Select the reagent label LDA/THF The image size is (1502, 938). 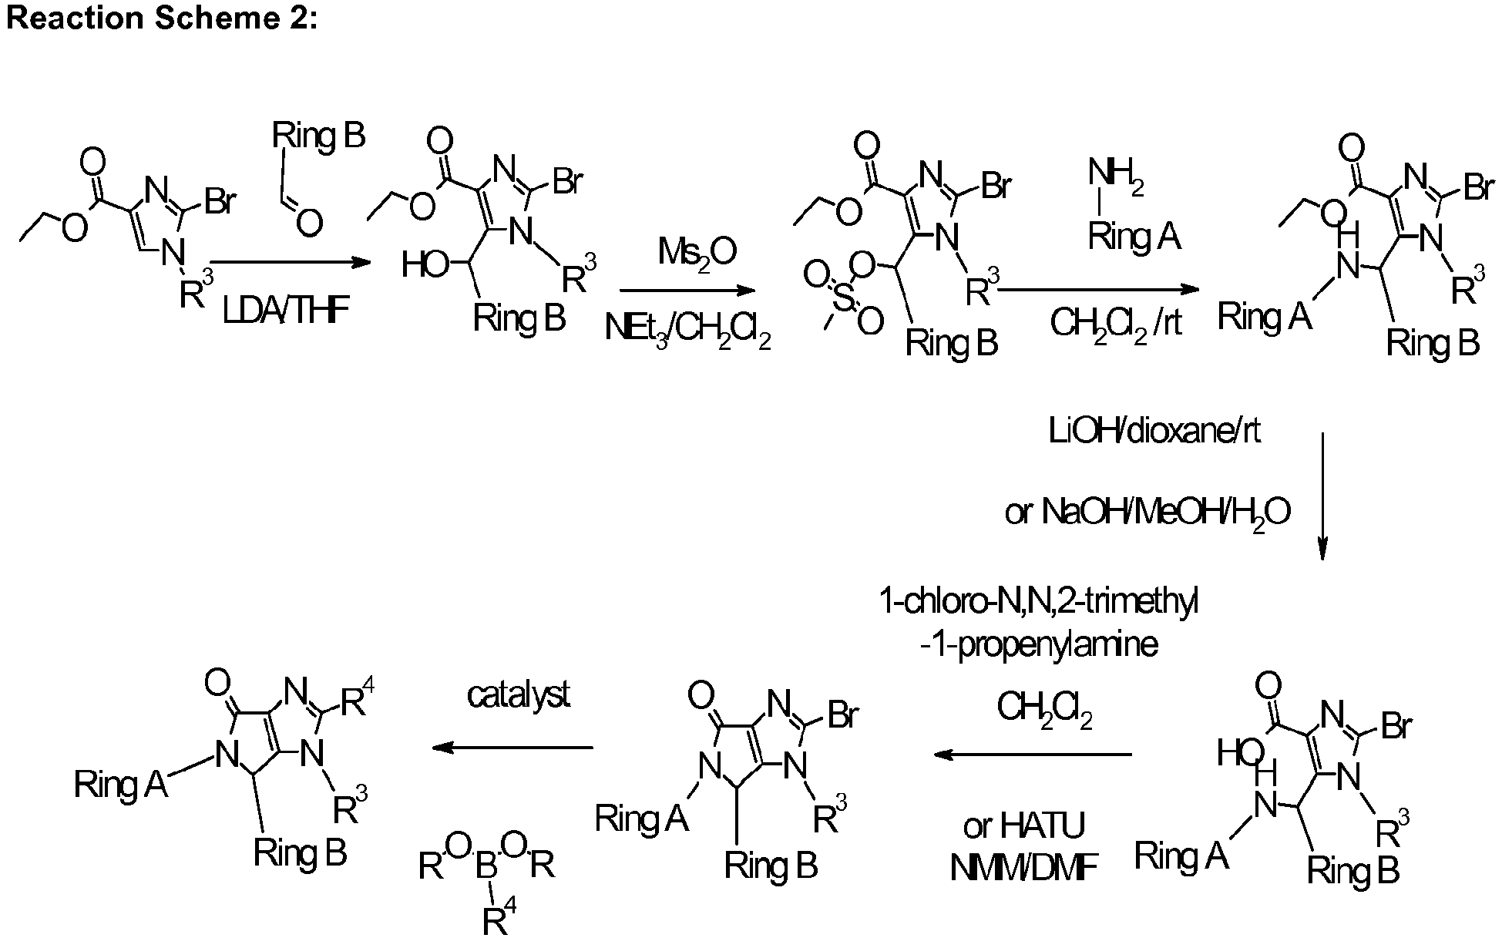pos(286,311)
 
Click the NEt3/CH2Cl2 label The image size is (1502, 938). pos(687,331)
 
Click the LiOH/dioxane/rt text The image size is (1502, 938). pos(1154,432)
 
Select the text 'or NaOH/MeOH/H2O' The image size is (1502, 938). pos(1148,513)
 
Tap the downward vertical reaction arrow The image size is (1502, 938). pos(1322,496)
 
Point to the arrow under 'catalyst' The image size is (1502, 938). pos(512,748)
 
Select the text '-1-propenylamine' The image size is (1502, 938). pos(1039,644)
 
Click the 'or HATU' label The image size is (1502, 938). pos(1024,826)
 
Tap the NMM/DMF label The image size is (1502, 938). pos(1024,868)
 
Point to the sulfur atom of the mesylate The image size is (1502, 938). pos(843,298)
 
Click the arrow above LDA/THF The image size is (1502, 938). pos(290,263)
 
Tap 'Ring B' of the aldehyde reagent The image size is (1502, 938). pos(318,136)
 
